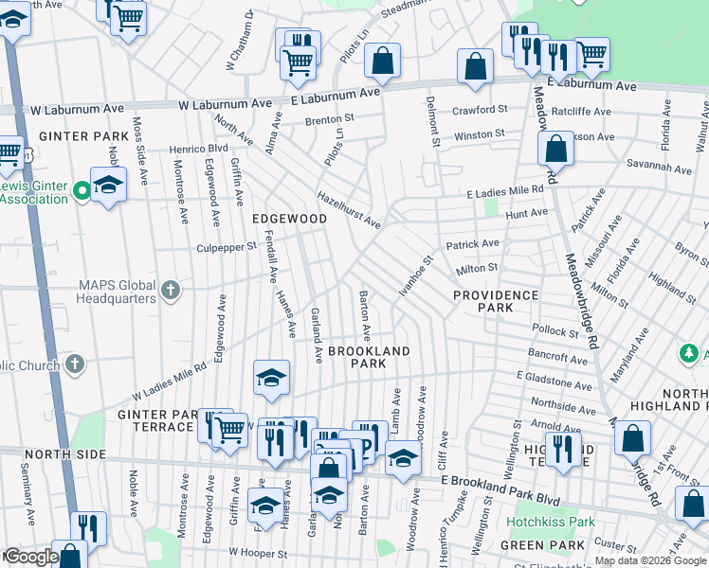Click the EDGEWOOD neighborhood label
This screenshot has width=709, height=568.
[289, 219]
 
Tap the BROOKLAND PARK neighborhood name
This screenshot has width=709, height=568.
[369, 357]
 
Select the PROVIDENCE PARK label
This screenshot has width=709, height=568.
[496, 301]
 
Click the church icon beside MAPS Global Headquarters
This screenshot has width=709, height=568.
[171, 290]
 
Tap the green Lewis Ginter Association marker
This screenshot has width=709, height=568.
[82, 190]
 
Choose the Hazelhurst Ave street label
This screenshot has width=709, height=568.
[349, 210]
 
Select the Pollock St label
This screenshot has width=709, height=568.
[554, 333]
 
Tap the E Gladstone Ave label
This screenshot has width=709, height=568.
[554, 381]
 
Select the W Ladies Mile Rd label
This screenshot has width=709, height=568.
[169, 381]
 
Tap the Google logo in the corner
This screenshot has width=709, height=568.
[30, 557]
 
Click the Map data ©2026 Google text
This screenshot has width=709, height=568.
[650, 560]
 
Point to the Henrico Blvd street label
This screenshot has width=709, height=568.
[199, 149]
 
